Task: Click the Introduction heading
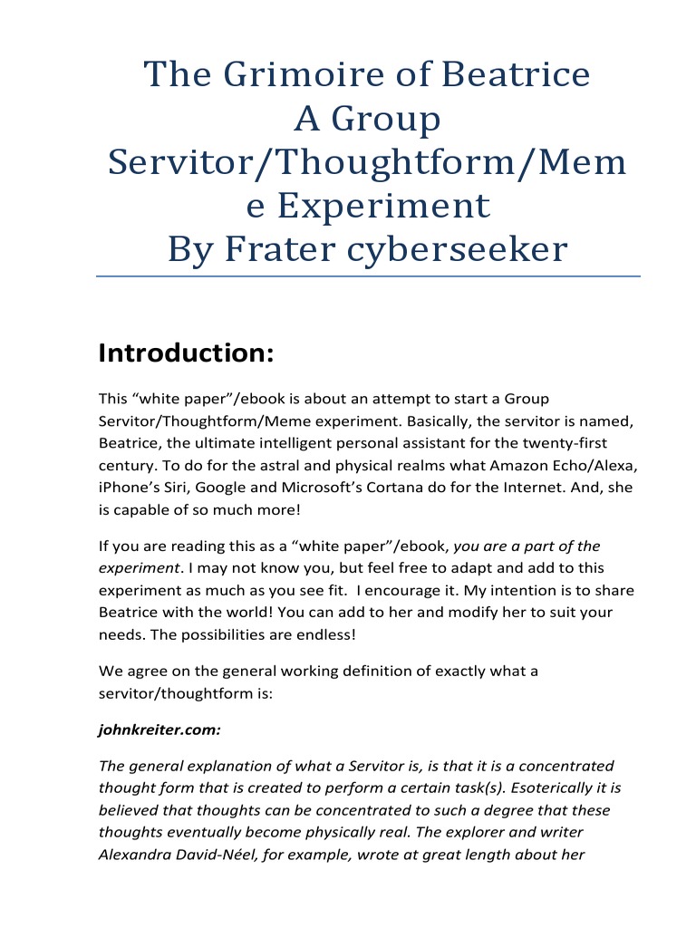[x=186, y=353]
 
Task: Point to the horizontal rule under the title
[x=368, y=275]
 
